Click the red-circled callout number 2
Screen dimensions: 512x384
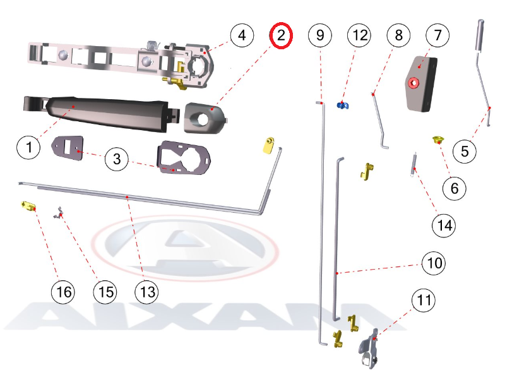click(281, 35)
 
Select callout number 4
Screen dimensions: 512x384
click(242, 35)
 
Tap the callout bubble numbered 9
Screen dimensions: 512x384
click(320, 35)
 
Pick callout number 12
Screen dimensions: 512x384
click(359, 35)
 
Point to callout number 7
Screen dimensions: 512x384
click(438, 35)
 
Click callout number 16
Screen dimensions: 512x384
click(63, 292)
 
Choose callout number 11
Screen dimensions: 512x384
click(424, 300)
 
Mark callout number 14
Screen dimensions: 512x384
click(444, 225)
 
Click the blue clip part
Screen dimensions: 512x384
click(343, 105)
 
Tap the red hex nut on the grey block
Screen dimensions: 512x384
click(414, 83)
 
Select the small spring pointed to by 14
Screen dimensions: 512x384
click(414, 165)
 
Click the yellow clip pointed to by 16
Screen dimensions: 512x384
click(28, 206)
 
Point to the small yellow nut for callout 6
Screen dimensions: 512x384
click(437, 140)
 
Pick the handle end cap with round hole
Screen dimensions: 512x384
click(205, 118)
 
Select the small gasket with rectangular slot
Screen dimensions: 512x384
click(68, 148)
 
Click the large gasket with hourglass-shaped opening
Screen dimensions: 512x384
click(184, 158)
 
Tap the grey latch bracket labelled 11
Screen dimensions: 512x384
click(369, 349)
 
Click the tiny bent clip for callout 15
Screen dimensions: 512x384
click(59, 213)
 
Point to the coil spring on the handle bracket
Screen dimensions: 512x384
click(153, 45)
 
